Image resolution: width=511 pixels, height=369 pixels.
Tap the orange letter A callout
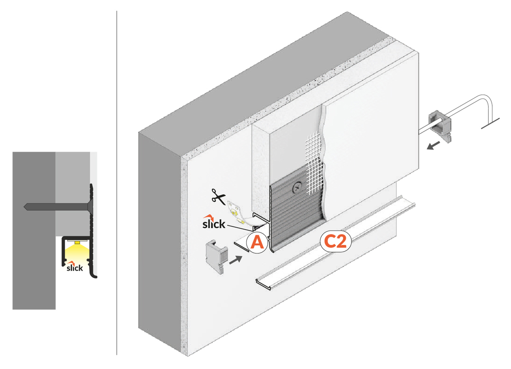coord(257,242)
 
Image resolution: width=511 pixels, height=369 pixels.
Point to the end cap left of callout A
coord(217,256)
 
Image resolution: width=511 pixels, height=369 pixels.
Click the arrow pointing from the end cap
coord(236,260)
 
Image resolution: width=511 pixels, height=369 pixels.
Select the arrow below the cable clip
coord(433,146)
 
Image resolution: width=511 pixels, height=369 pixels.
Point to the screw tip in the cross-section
coord(25,206)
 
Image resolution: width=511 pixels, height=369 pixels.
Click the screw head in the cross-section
coord(90,206)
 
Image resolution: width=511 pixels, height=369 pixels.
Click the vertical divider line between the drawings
coord(117,184)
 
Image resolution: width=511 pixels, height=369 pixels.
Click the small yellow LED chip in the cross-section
coord(78,242)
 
